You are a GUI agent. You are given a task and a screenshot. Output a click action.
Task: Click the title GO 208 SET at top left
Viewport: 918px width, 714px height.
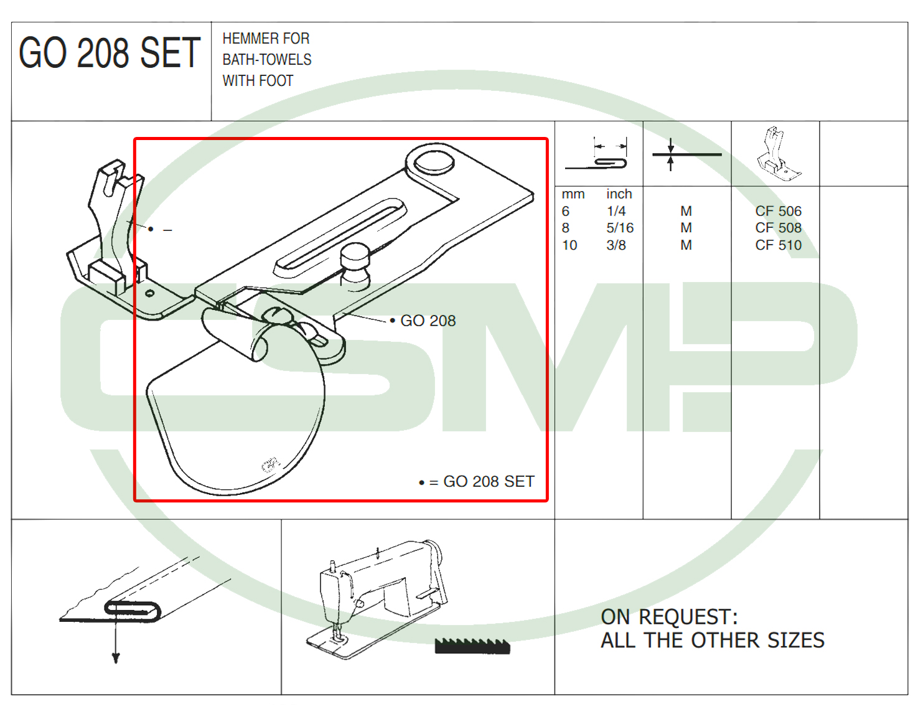coord(110,53)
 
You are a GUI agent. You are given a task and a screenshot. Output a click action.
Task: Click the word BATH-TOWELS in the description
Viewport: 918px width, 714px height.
coord(267,60)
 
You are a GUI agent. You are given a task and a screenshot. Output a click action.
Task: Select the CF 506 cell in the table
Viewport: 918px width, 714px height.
coord(778,211)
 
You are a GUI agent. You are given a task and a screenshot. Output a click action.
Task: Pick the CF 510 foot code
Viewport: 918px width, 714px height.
coord(778,245)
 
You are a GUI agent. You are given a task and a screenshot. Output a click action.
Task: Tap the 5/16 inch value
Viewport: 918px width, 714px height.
coord(620,228)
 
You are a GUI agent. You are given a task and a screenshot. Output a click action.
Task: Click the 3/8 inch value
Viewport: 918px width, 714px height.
coord(616,245)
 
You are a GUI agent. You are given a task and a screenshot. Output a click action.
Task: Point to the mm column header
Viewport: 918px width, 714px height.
coord(573,194)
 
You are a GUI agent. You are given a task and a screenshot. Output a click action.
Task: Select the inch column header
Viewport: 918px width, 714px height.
coord(619,194)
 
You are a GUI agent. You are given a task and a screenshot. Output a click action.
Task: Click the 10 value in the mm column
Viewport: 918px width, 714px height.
coord(569,245)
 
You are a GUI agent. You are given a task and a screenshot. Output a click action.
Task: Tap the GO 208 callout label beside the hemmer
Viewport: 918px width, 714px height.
coord(428,321)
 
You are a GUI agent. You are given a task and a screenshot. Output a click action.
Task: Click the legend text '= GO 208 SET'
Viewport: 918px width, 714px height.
coord(482,482)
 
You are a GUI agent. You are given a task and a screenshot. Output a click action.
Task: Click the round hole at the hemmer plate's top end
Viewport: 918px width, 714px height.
coord(434,162)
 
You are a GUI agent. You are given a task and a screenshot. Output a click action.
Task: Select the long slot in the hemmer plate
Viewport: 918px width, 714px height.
coord(340,237)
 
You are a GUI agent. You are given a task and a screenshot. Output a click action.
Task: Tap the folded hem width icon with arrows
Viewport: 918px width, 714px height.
coord(596,154)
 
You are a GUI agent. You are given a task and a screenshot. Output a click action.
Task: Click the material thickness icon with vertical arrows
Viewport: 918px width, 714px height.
coord(686,154)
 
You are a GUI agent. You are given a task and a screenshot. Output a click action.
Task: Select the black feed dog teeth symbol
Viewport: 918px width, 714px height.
coord(472,646)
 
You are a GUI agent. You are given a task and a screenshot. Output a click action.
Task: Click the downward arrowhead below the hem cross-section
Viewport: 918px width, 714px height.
coord(116,658)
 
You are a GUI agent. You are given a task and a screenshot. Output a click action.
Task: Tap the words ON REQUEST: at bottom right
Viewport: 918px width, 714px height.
coord(669,617)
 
